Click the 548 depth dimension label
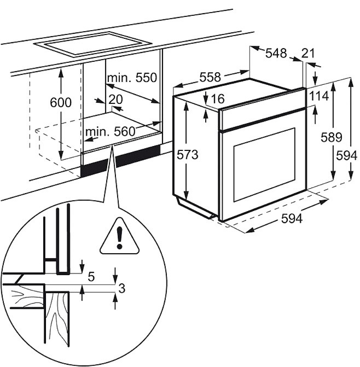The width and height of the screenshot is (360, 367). coord(276,53)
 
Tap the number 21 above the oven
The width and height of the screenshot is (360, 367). coord(308,53)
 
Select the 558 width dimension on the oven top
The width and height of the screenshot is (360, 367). coord(210,77)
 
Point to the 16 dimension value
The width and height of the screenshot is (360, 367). coord(218,98)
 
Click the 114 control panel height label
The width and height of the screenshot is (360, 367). coord(319,96)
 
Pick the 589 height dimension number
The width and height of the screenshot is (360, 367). coord(332,137)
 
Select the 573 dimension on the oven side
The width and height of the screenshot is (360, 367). coord(187,155)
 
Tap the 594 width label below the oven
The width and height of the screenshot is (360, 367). coord(292,219)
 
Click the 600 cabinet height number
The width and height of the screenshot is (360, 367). coord(61,102)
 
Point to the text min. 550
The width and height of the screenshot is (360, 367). coord(132,78)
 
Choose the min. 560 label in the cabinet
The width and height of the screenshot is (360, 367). coord(111,131)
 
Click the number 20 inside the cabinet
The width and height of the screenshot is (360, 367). coord(115,100)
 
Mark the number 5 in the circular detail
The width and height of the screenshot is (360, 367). coord(91,277)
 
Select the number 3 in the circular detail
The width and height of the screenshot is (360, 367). coord(121,288)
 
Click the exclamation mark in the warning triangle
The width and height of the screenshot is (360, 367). coord(120,238)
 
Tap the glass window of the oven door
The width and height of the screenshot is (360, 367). coord(264,164)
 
